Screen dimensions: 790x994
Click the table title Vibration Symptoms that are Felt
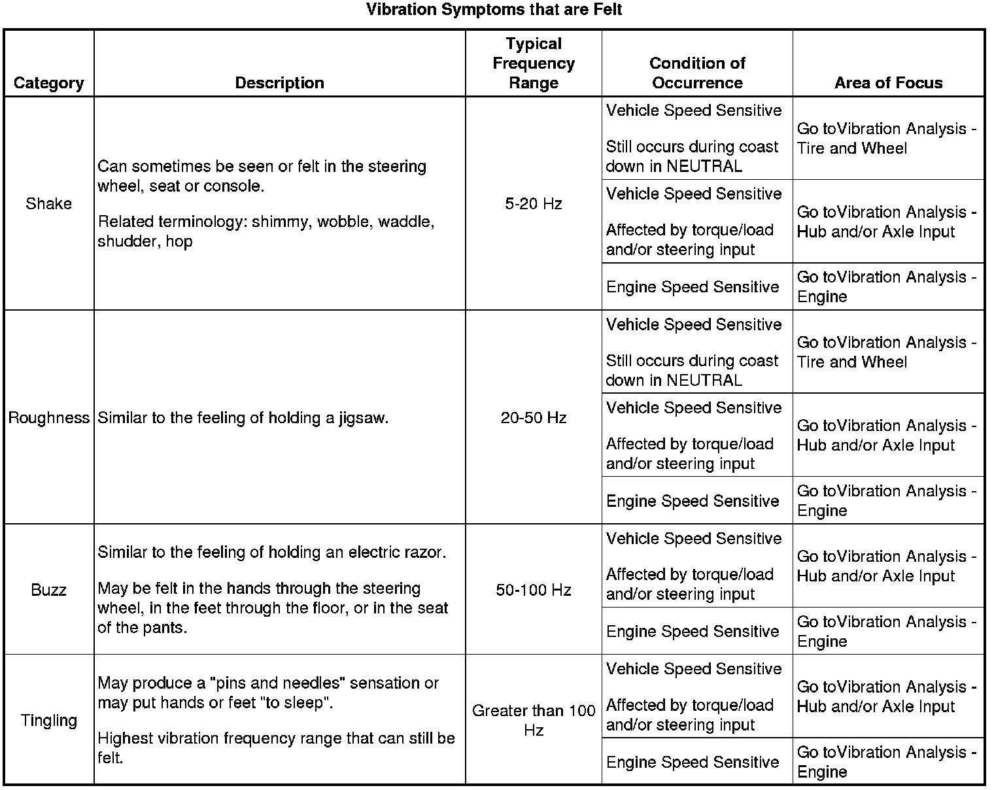[x=494, y=10]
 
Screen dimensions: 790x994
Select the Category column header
[x=48, y=83]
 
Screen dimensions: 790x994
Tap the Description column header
[x=279, y=83]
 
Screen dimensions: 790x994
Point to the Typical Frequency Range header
[x=534, y=63]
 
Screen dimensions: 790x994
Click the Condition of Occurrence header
[x=697, y=73]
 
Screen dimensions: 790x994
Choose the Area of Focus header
[x=888, y=83]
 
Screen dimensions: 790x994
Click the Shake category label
[x=48, y=204]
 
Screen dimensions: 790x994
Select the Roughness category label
[x=48, y=418]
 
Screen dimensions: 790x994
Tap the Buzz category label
[x=48, y=590]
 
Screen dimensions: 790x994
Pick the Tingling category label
[x=48, y=721]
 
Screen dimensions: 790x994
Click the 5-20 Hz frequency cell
[x=534, y=204]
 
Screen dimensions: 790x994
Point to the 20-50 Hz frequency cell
[x=534, y=418]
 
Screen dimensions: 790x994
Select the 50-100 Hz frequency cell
[x=534, y=590]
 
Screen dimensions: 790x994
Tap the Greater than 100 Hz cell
[x=534, y=720]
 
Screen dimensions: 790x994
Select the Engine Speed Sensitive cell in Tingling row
[x=693, y=763]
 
